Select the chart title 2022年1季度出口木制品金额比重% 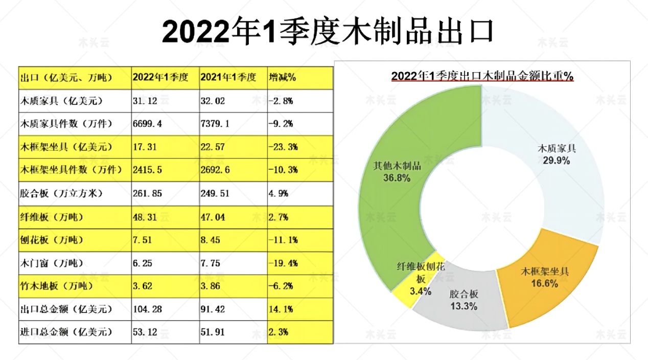(482, 76)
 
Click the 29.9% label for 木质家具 (557, 160)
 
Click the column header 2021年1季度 (227, 78)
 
